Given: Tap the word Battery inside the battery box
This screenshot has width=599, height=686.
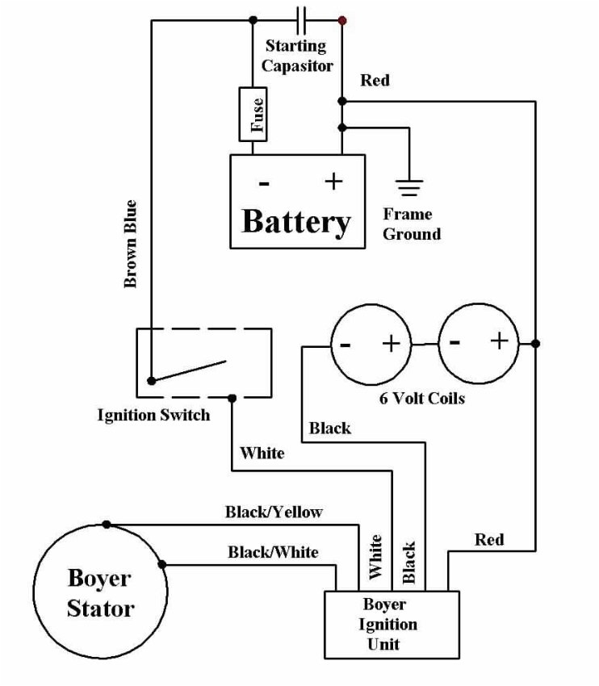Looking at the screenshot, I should (296, 221).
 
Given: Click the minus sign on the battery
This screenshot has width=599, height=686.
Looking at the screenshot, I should (263, 183).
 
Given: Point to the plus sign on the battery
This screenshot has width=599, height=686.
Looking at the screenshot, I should (333, 182).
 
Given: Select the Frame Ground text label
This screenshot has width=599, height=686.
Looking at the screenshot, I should (412, 224).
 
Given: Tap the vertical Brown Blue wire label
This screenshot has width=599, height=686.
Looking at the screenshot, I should (130, 244).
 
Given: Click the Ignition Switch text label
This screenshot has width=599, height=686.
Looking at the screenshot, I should (153, 416).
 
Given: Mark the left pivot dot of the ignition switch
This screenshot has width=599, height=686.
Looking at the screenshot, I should (150, 380).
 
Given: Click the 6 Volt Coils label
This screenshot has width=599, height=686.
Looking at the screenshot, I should (422, 398).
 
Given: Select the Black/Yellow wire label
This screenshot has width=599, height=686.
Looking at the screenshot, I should (274, 512).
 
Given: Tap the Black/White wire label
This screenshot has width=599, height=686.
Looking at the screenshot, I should (273, 552).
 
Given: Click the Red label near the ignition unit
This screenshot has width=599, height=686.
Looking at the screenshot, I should (489, 539).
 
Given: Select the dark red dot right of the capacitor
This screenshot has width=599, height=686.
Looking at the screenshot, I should (342, 19).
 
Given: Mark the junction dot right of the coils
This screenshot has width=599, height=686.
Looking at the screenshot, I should (535, 344).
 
